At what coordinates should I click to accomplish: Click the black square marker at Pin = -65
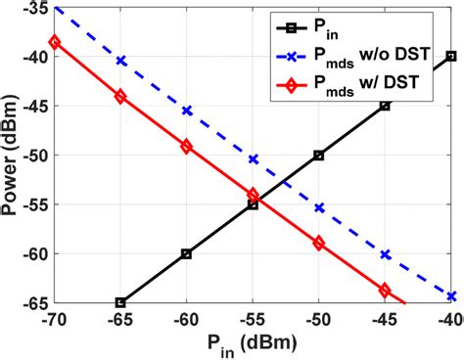120,302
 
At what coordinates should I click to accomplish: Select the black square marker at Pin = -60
186,253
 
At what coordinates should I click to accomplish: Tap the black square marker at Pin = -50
318,155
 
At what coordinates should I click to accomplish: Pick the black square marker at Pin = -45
385,105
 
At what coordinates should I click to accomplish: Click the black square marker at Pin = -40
450,56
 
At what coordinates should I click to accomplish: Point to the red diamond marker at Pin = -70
55,42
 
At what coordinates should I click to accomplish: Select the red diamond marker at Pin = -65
120,97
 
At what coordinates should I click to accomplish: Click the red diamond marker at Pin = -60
186,146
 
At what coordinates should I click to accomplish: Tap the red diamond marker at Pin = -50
318,243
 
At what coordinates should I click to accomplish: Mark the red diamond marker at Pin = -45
385,290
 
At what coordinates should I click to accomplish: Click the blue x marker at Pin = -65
120,61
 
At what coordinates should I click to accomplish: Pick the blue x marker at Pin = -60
186,111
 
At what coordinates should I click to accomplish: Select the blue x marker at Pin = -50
318,207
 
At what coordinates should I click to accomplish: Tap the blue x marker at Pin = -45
385,254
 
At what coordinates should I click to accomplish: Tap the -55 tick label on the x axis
252,319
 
